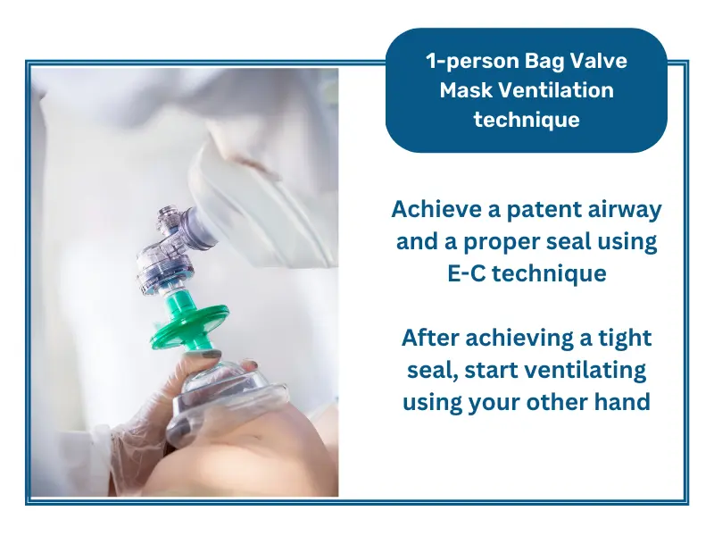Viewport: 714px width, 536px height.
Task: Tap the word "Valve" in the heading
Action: click(x=596, y=63)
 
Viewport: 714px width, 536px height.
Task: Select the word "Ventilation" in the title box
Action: click(x=563, y=90)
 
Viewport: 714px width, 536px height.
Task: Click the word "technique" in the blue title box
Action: click(x=527, y=118)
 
